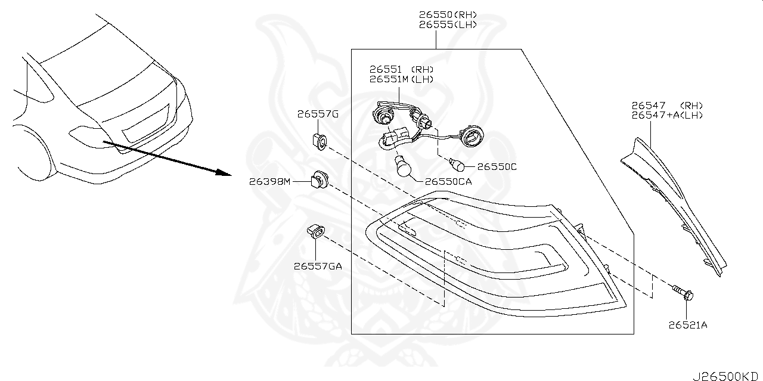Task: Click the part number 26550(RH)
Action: click(447, 14)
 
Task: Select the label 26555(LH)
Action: click(447, 24)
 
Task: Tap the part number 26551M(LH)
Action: click(401, 79)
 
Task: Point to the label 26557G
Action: click(318, 114)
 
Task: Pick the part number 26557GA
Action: click(317, 266)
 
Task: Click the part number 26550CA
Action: click(448, 182)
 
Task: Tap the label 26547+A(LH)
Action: click(667, 115)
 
